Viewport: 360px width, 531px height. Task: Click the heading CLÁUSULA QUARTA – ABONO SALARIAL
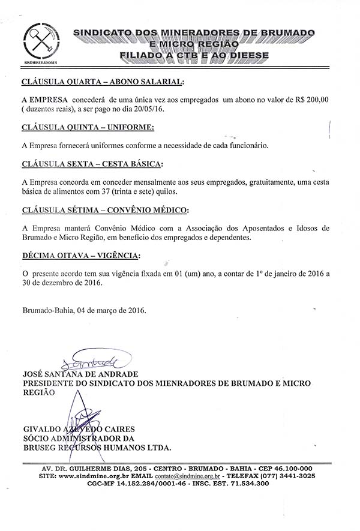tap(103, 82)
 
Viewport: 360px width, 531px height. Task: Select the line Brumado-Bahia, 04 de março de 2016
tap(84, 311)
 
